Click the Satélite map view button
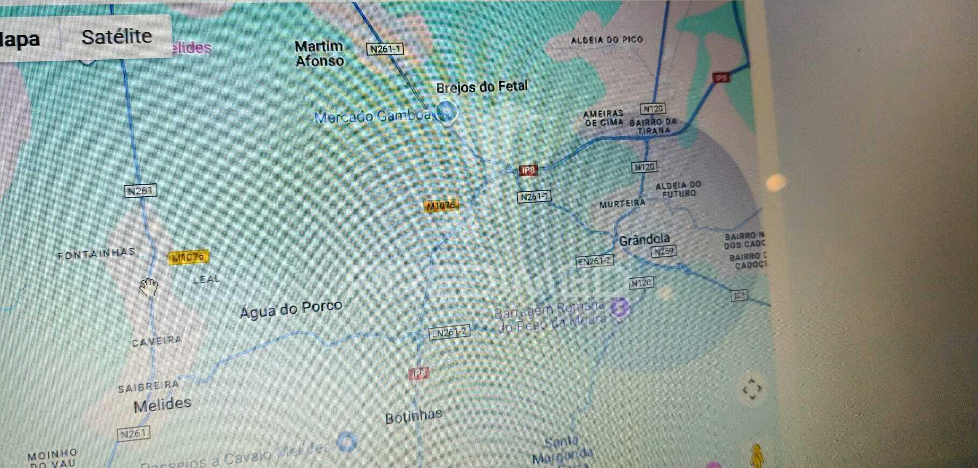pyautogui.click(x=117, y=37)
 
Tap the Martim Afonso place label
pyautogui.click(x=319, y=53)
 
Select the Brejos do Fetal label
pyautogui.click(x=481, y=87)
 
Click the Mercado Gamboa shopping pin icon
pyautogui.click(x=445, y=112)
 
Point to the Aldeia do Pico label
pyautogui.click(x=606, y=40)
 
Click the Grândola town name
pyautogui.click(x=644, y=240)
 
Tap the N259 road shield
pyautogui.click(x=664, y=251)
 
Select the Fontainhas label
pyautogui.click(x=96, y=254)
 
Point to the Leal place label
pyautogui.click(x=206, y=279)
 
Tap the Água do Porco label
pyautogui.click(x=291, y=309)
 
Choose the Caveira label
pyautogui.click(x=156, y=341)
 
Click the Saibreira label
pyautogui.click(x=148, y=386)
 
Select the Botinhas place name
pyautogui.click(x=413, y=416)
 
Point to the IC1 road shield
pyautogui.click(x=739, y=296)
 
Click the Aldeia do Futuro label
pyautogui.click(x=678, y=189)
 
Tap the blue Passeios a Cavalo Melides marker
pyautogui.click(x=347, y=442)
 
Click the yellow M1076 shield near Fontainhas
pyautogui.click(x=188, y=258)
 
